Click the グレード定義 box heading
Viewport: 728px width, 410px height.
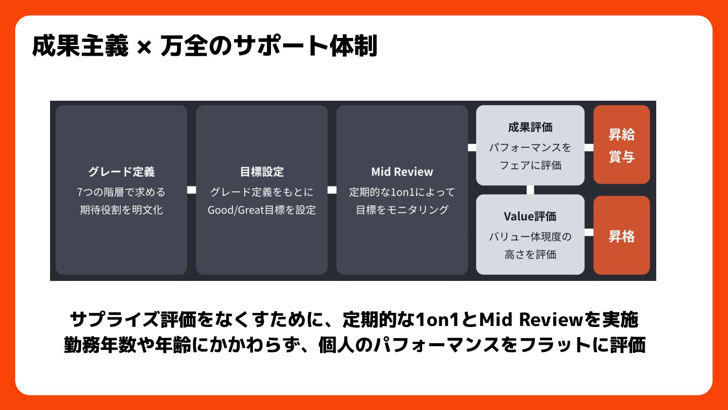121,172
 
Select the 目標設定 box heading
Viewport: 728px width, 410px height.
262,172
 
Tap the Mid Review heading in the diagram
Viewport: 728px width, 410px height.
402,172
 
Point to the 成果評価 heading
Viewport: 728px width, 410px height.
530,127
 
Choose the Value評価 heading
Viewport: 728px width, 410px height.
530,217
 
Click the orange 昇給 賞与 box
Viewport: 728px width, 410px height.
621,145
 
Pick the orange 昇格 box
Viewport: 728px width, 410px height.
621,236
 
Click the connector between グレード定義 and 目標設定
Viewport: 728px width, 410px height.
192,190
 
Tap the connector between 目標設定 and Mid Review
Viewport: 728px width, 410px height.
332,190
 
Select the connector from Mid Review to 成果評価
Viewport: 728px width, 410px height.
472,148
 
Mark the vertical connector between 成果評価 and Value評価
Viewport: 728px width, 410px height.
530,190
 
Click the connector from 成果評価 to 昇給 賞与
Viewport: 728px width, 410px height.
589,148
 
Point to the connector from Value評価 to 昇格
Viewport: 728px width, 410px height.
589,232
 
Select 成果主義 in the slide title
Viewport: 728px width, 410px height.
80,47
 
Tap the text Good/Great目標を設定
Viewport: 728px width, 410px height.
262,210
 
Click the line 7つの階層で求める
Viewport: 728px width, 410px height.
121,192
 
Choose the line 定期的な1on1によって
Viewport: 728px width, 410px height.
402,192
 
